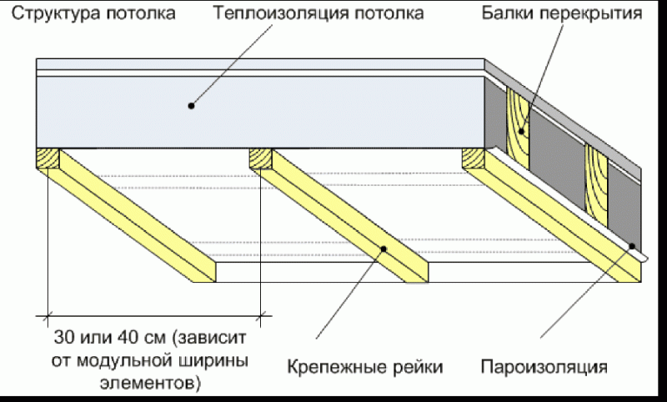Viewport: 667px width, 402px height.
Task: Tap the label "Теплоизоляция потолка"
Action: pos(318,14)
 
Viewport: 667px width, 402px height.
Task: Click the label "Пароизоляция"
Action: pos(544,366)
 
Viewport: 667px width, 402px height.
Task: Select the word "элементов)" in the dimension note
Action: pos(158,384)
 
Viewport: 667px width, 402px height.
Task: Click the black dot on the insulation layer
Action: pos(192,106)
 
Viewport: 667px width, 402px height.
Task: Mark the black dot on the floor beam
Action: pos(523,131)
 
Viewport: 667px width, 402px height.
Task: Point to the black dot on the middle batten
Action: pos(384,247)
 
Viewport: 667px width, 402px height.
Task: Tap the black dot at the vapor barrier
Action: pos(632,247)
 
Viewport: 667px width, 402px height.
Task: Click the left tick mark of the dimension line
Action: pos(46,316)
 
